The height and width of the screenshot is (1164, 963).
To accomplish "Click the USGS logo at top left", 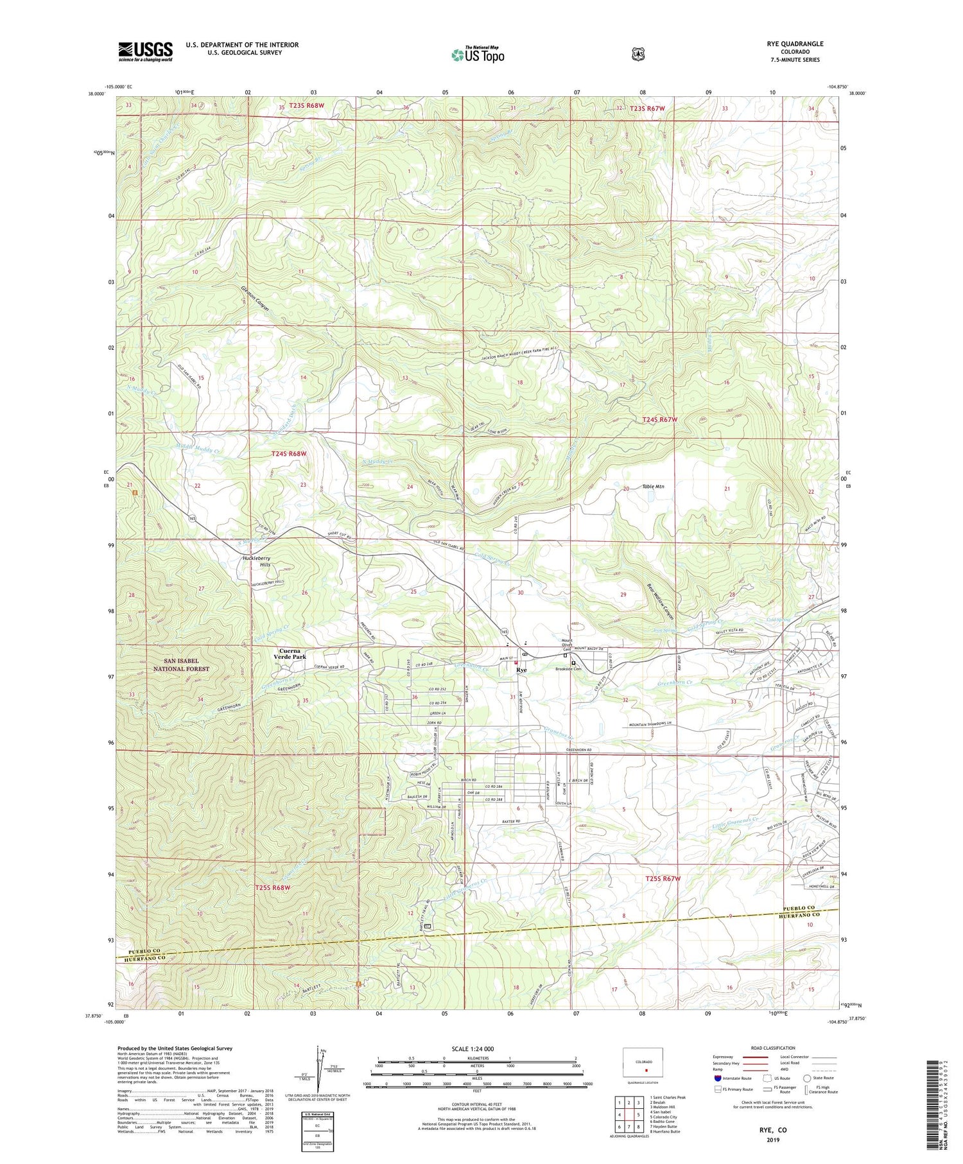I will click(145, 51).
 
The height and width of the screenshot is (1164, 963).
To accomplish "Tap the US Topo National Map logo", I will click(478, 55).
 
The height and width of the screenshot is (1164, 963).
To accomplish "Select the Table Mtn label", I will click(653, 487).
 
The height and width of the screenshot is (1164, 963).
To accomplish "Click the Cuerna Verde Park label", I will click(288, 654).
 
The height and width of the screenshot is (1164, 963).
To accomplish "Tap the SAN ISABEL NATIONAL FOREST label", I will click(181, 665).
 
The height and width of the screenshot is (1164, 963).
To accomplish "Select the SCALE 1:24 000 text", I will click(476, 1048).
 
